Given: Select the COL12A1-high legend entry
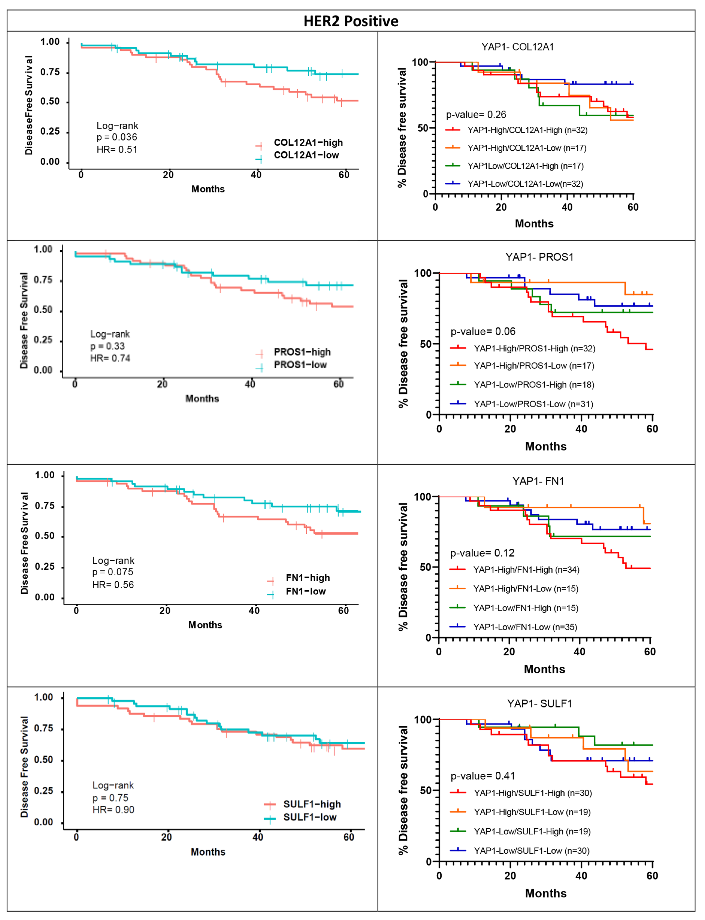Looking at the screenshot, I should click(308, 143).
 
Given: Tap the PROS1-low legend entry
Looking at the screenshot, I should click(300, 365).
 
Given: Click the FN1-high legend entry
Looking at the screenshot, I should click(308, 578).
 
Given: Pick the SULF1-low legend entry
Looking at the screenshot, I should click(310, 817).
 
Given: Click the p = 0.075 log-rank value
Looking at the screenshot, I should click(112, 572).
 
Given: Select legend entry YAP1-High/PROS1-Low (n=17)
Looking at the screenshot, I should click(534, 366).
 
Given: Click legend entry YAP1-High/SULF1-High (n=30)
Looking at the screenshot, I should click(532, 793).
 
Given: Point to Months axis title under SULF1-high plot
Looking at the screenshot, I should click(208, 852).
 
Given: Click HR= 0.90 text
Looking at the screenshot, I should click(113, 810).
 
